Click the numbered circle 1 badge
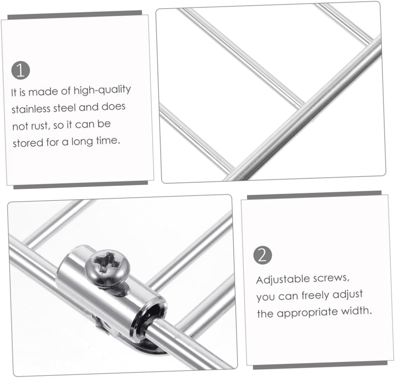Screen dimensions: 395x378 point(21,70)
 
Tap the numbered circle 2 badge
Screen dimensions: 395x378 point(263,255)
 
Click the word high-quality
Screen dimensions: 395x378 point(102,90)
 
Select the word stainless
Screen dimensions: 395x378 point(31,109)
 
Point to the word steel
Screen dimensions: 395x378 point(65,108)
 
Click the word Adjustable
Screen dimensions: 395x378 point(283,280)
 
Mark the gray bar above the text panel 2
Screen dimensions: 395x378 point(314,195)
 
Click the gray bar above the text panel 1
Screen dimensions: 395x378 point(75,15)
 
